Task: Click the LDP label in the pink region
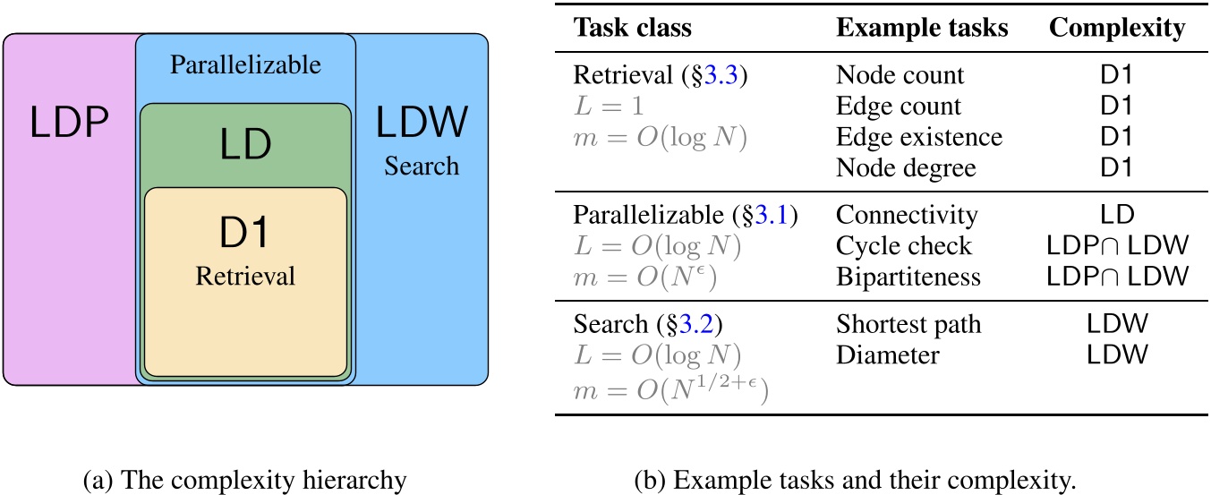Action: coord(71,125)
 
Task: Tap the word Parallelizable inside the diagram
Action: coord(245,65)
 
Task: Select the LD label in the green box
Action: coord(245,144)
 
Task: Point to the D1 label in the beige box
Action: coord(245,235)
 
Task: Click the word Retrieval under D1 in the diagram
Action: coord(245,277)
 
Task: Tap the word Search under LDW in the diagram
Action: coord(422,166)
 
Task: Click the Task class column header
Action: coord(632,28)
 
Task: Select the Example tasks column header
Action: coord(922,28)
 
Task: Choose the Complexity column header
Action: coord(1117,28)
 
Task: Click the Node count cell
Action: coord(900,75)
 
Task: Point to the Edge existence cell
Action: coord(919,137)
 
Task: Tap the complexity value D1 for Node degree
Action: coord(1117,167)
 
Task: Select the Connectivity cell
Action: coord(907,215)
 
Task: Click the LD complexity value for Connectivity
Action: coord(1117,215)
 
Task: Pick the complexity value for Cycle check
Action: coord(1117,246)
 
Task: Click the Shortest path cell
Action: coord(908,324)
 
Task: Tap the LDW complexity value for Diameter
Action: coord(1117,354)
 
